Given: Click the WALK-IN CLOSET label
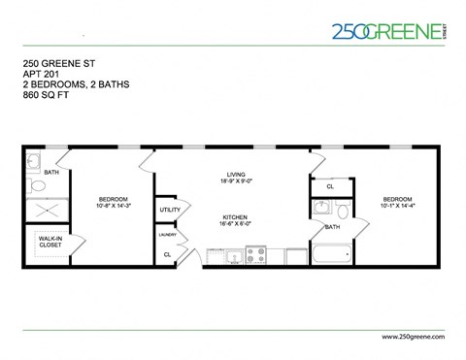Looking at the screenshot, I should click(50, 241).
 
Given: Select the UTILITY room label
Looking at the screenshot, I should click(170, 210).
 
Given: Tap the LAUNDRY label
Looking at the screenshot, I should click(167, 234).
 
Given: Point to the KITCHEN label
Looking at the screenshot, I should click(234, 216).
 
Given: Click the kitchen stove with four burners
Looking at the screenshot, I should click(256, 255).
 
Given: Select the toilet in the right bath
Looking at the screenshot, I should click(343, 210).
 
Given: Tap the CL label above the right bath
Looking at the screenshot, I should click(330, 186).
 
